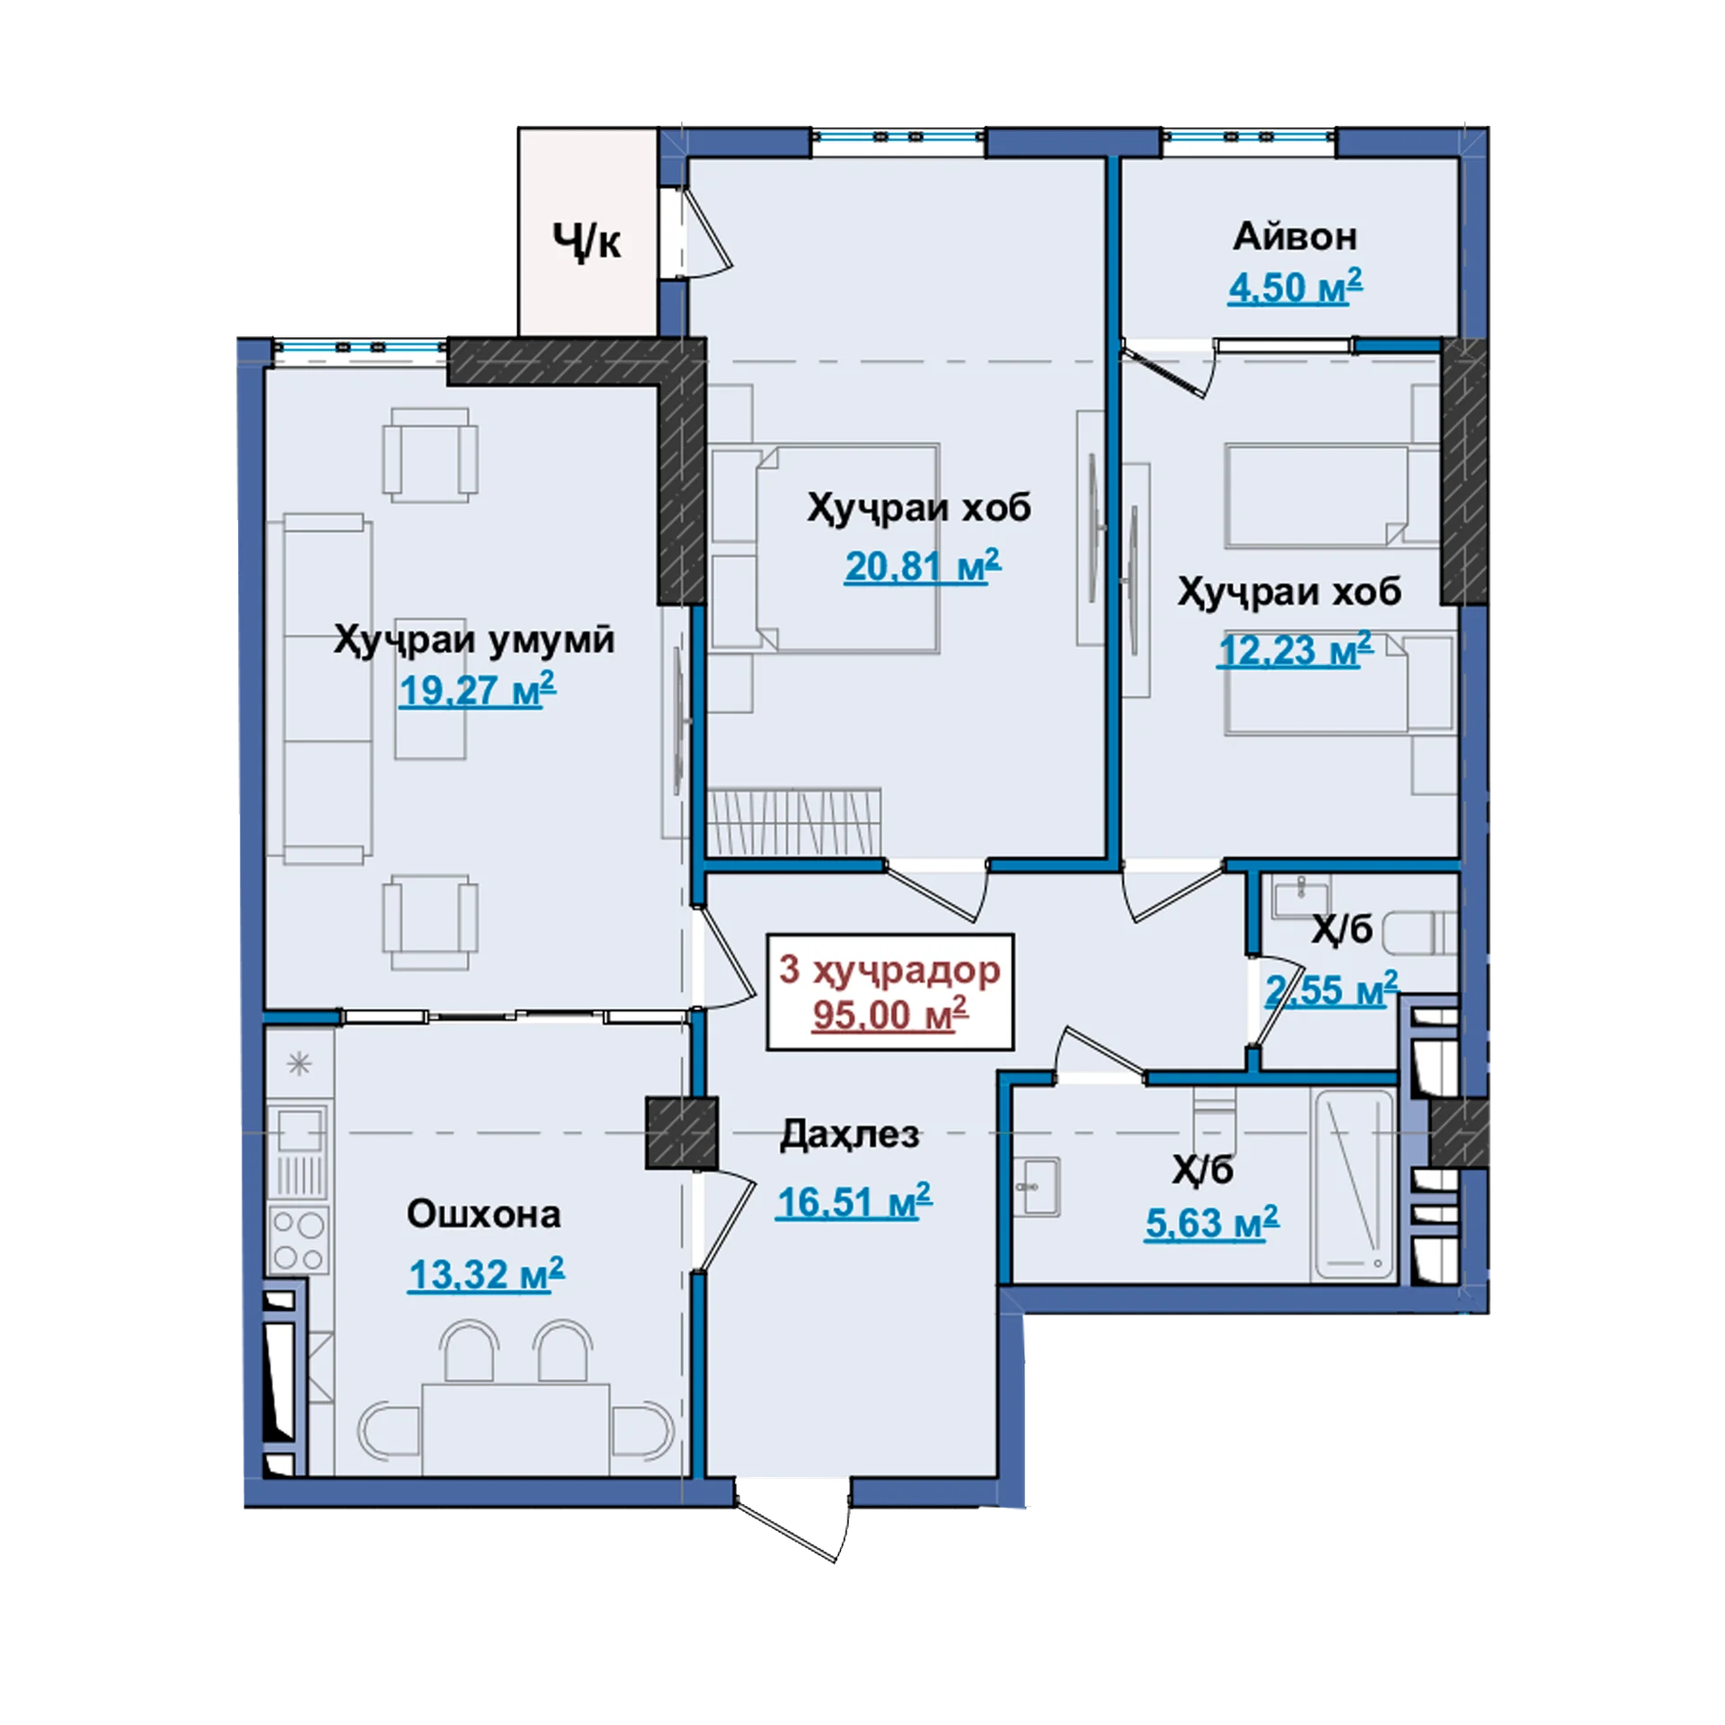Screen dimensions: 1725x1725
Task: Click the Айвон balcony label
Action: pos(1295,237)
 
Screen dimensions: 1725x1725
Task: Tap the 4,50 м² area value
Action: pos(1295,287)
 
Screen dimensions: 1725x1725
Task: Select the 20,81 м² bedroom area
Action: pos(922,566)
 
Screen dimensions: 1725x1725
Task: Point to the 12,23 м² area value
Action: pos(1296,650)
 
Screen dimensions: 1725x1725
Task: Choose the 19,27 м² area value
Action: pos(477,690)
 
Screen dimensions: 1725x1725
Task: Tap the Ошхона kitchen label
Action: pos(483,1214)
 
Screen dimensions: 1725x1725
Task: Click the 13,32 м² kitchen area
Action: pos(486,1274)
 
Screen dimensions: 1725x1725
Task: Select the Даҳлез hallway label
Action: pos(850,1135)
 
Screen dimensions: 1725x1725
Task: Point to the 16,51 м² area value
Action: pos(854,1202)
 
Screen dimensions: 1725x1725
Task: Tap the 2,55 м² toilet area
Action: pos(1331,989)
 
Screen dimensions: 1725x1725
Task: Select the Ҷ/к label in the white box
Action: pos(586,241)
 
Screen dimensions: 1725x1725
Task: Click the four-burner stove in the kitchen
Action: pos(299,1240)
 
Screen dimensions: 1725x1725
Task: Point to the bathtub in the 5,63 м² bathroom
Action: pos(1352,1185)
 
